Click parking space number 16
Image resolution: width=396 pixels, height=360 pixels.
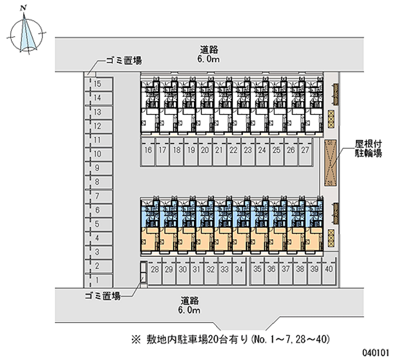click(x=148, y=152)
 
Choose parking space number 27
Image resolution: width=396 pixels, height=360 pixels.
click(x=305, y=152)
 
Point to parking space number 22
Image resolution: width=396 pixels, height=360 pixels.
click(x=234, y=152)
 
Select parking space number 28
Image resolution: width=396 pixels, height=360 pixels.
click(x=155, y=271)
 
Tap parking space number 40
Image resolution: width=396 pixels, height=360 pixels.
click(x=329, y=271)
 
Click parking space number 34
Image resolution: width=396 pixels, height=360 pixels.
click(x=239, y=271)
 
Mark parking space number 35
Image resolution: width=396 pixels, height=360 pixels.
click(x=257, y=271)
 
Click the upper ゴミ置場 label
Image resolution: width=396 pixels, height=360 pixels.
click(x=124, y=60)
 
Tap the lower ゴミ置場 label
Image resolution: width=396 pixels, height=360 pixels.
click(x=102, y=296)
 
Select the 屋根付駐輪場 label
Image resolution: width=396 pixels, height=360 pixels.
click(x=368, y=149)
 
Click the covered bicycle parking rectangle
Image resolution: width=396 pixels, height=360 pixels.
click(x=330, y=163)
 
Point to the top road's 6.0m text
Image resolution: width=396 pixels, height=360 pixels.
click(x=208, y=59)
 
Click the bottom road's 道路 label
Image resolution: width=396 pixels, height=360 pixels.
click(x=190, y=301)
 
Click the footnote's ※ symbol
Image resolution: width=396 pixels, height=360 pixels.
click(x=136, y=339)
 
